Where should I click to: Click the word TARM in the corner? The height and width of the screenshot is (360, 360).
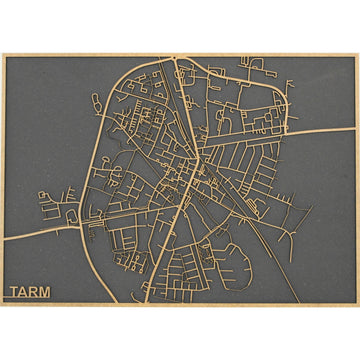[x=31, y=294]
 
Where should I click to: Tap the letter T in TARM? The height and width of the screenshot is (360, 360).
[x=14, y=294]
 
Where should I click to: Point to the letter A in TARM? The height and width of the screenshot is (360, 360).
[x=25, y=294]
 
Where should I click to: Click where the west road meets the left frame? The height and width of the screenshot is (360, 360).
[x=3, y=238]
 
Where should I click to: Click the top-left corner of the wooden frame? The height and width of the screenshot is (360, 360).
[x=2, y=54]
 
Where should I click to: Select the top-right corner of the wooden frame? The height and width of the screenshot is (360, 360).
[x=358, y=54]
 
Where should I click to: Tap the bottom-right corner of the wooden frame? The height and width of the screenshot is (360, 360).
[x=358, y=305]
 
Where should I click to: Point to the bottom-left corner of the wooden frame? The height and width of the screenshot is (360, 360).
[x=2, y=305]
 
